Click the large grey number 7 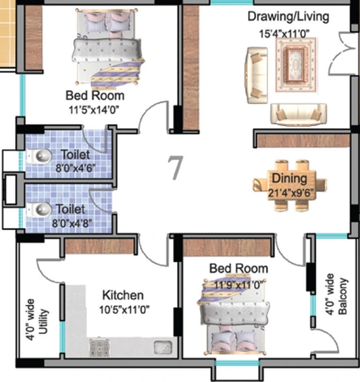176,168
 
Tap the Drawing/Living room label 288,17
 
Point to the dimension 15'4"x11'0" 284,34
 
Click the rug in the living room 296,65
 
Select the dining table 290,186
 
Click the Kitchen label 123,295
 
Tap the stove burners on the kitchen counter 99,347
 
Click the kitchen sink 163,347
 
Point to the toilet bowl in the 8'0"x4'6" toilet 40,156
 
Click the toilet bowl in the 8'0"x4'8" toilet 40,209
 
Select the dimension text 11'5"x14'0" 94,110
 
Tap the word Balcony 342,296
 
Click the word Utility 43,321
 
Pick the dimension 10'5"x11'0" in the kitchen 124,310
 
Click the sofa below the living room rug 299,115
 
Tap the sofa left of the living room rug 257,76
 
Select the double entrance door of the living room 340,53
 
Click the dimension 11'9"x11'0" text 238,284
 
